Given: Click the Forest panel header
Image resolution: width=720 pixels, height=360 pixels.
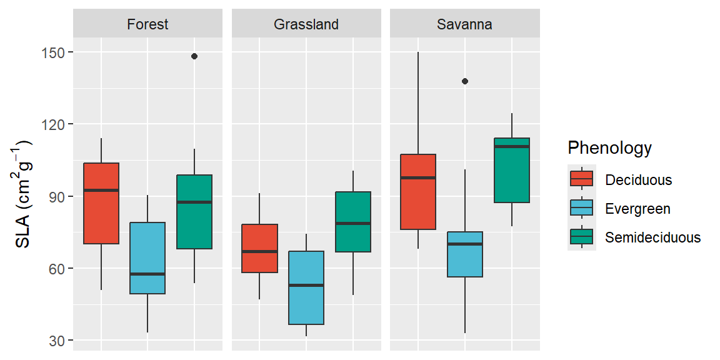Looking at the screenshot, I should pos(147,24).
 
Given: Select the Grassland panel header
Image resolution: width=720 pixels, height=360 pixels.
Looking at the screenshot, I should pos(306,24).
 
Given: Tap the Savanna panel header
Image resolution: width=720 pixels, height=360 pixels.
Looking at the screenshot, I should pos(464,24).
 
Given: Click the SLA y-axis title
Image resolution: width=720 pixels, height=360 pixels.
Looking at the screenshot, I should pos(23,194).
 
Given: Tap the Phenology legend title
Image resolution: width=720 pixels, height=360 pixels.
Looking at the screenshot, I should pos(609,148).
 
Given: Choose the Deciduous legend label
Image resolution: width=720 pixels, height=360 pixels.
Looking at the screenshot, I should pos(638,180).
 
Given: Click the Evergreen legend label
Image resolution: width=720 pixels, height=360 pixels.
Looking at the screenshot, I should pos(637,209).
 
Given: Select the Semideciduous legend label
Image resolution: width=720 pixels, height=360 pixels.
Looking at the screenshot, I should pos(652,237).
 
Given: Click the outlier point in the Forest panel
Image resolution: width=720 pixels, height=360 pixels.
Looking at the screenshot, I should pos(194,56).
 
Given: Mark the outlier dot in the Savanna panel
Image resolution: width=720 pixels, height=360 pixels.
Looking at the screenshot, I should pos(465,81).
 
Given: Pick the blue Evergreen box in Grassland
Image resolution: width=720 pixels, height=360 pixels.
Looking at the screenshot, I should pos(306,287).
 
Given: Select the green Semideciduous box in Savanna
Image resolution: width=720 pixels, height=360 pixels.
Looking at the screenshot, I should pos(512,170).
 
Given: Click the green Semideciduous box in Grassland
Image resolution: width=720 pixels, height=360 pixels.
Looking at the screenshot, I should pos(353,222).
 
